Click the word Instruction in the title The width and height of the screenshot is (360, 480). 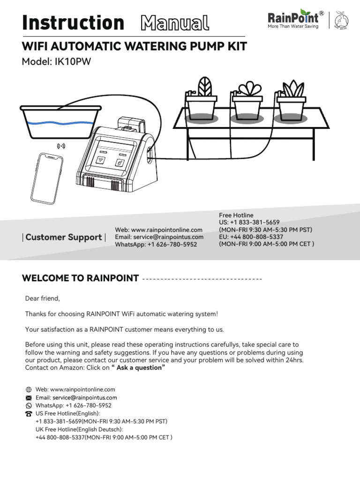click(73, 22)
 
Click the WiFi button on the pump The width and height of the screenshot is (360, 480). click(101, 160)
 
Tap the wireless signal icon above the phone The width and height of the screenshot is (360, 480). click(61, 146)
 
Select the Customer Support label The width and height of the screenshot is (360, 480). click(64, 237)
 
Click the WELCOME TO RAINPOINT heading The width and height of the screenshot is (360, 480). click(80, 278)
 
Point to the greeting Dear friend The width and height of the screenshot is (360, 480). click(43, 299)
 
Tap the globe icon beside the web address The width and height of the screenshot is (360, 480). click(29, 390)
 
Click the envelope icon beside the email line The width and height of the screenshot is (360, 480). click(29, 397)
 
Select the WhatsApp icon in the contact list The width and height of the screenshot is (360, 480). click(29, 405)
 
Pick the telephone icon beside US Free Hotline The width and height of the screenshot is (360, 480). click(29, 414)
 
